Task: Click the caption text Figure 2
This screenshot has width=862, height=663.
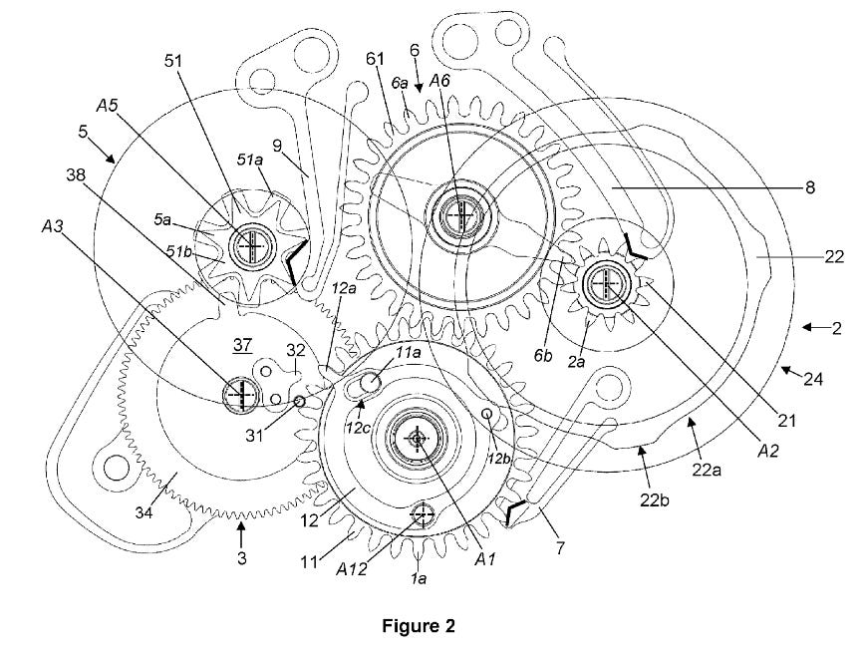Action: pyautogui.click(x=419, y=626)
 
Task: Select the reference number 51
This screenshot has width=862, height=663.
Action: pyautogui.click(x=174, y=60)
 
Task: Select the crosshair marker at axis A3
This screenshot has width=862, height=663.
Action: pyautogui.click(x=240, y=394)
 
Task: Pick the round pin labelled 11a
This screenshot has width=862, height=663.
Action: pyautogui.click(x=373, y=380)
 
